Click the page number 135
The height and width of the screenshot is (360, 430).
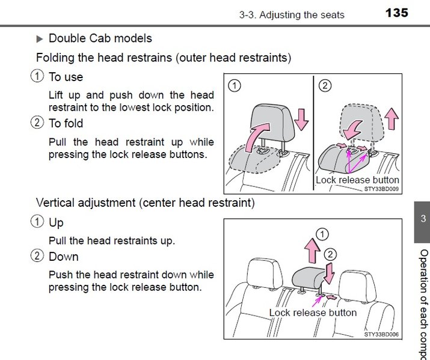397,13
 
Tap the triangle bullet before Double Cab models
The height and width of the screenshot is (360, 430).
40,38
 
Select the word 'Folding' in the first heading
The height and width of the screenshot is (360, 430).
55,58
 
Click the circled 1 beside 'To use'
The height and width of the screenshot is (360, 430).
37,77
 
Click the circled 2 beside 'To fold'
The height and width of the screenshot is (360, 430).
37,123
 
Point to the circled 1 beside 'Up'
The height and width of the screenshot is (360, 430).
37,222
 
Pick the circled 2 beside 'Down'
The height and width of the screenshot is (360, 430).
37,257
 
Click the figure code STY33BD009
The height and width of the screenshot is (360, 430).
382,188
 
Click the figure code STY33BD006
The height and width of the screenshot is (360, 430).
382,334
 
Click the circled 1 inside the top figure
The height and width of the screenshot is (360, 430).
235,85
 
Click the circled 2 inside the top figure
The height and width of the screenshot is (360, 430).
324,85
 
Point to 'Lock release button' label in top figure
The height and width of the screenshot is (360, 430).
357,180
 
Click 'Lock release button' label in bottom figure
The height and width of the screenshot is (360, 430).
313,313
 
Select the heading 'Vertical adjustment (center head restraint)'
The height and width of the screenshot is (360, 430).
145,203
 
